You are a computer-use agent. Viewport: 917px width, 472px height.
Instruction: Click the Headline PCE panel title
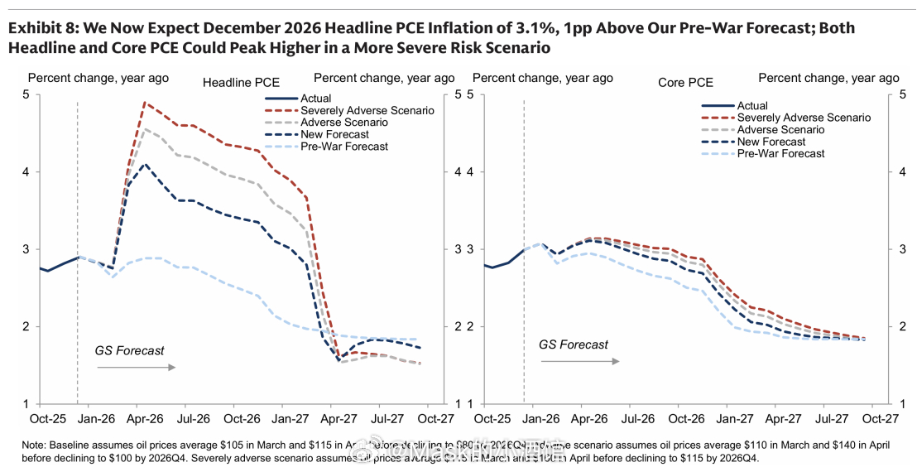241,83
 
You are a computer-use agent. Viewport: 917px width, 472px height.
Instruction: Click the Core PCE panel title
685,83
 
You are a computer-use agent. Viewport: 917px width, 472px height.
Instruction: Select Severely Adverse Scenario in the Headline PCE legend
367,110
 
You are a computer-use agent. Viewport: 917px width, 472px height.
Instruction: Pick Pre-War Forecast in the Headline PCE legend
345,147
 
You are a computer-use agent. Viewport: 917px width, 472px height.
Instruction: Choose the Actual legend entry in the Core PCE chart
752,105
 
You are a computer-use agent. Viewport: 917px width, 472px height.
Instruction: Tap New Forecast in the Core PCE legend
771,142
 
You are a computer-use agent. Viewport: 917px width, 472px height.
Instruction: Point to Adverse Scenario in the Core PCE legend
780,129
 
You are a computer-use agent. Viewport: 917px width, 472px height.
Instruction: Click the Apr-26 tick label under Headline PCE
146,420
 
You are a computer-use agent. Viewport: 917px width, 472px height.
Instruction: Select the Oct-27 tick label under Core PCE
881,420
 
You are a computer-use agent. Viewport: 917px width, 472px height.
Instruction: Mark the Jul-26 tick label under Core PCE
637,420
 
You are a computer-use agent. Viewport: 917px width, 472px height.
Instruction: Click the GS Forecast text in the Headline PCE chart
130,350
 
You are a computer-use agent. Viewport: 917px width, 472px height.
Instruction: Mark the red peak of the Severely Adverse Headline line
145,103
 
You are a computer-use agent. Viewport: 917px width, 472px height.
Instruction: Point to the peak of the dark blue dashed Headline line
146,164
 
